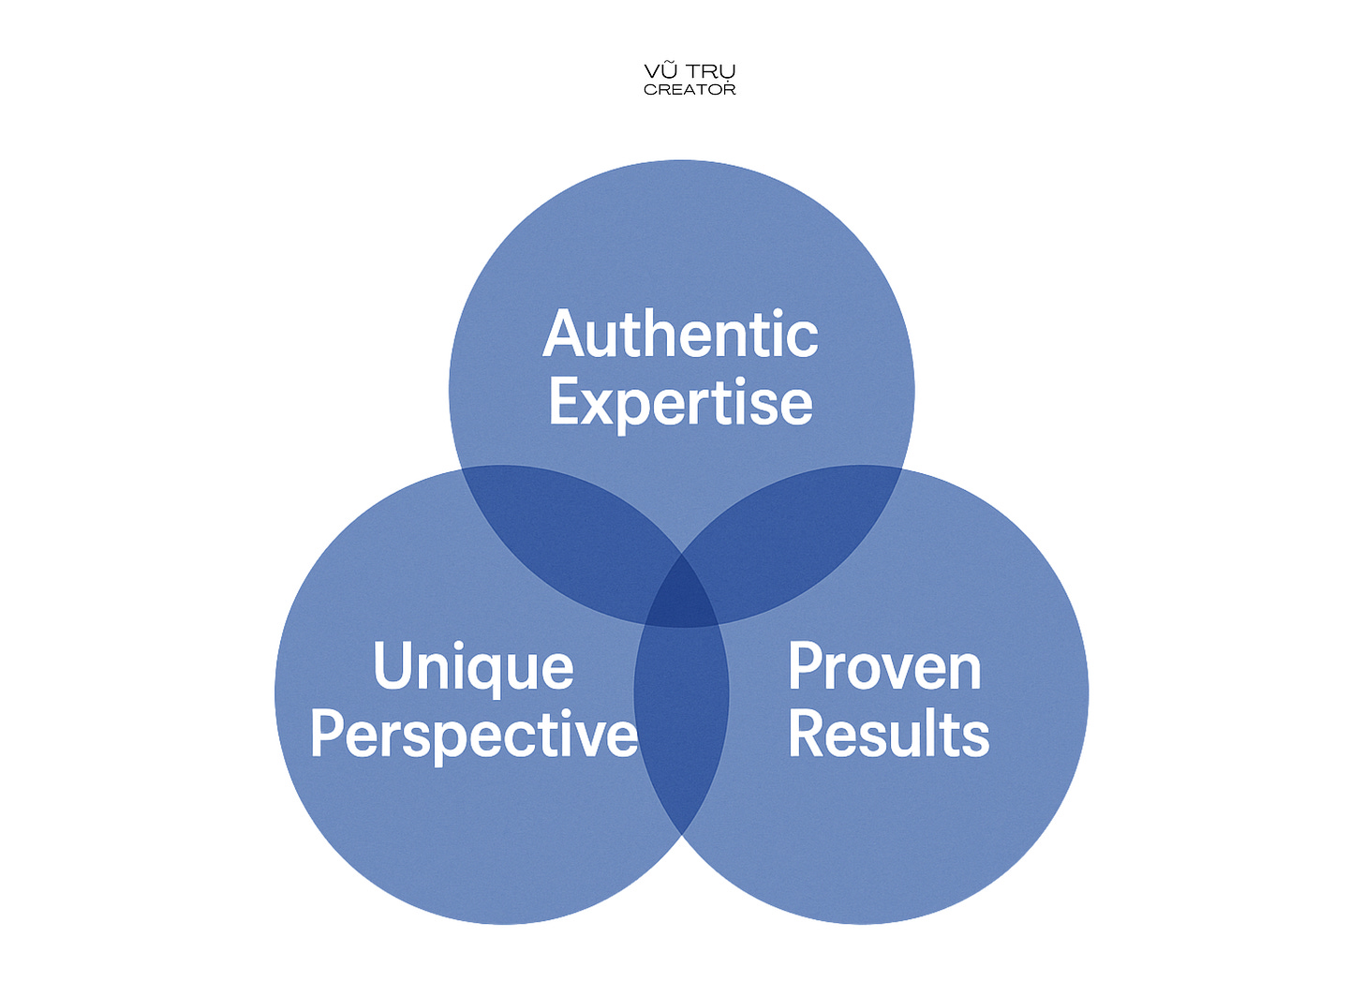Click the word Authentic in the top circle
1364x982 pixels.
pyautogui.click(x=681, y=335)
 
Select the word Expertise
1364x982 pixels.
pyautogui.click(x=681, y=403)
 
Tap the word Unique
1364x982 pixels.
pyautogui.click(x=474, y=667)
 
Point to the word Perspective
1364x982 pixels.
pyautogui.click(x=474, y=735)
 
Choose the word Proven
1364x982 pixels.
pyautogui.click(x=884, y=667)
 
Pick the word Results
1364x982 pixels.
pyautogui.click(x=888, y=735)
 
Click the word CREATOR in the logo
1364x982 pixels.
pyautogui.click(x=689, y=90)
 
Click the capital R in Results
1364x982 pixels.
pyautogui.click(x=808, y=735)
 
